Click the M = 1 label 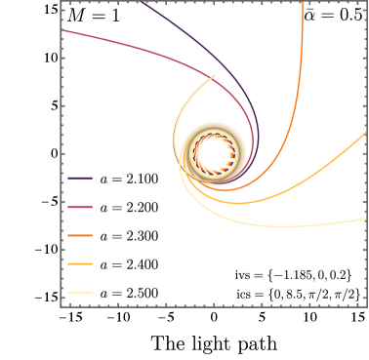coord(90,17)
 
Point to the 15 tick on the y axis coord(46,9)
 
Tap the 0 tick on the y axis coord(51,153)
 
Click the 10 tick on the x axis coord(308,318)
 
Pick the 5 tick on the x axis coord(261,318)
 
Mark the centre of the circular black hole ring coord(213,153)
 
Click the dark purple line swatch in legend coord(81,180)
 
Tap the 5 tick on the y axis coord(51,105)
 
